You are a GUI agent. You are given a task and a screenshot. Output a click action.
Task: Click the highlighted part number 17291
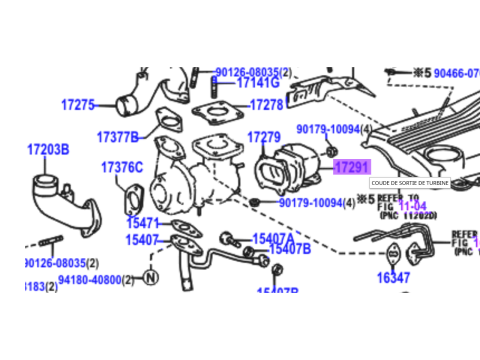[351, 168]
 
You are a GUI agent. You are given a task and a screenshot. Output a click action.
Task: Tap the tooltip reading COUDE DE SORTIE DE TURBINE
[411, 183]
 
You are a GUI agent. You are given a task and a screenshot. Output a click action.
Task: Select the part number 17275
[78, 105]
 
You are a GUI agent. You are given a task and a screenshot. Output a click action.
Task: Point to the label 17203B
[48, 149]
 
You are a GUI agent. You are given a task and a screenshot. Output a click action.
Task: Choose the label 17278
[266, 105]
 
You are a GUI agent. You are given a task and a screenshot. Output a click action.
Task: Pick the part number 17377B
[119, 136]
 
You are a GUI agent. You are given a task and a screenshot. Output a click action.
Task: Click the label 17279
[262, 137]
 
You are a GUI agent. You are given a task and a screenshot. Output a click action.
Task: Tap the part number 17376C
[122, 167]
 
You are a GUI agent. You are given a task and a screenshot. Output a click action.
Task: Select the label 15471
[142, 223]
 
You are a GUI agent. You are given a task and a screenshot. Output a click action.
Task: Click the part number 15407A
[272, 239]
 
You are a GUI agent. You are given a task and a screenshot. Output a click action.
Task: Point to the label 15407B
[289, 249]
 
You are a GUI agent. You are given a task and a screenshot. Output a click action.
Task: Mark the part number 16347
[393, 278]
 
